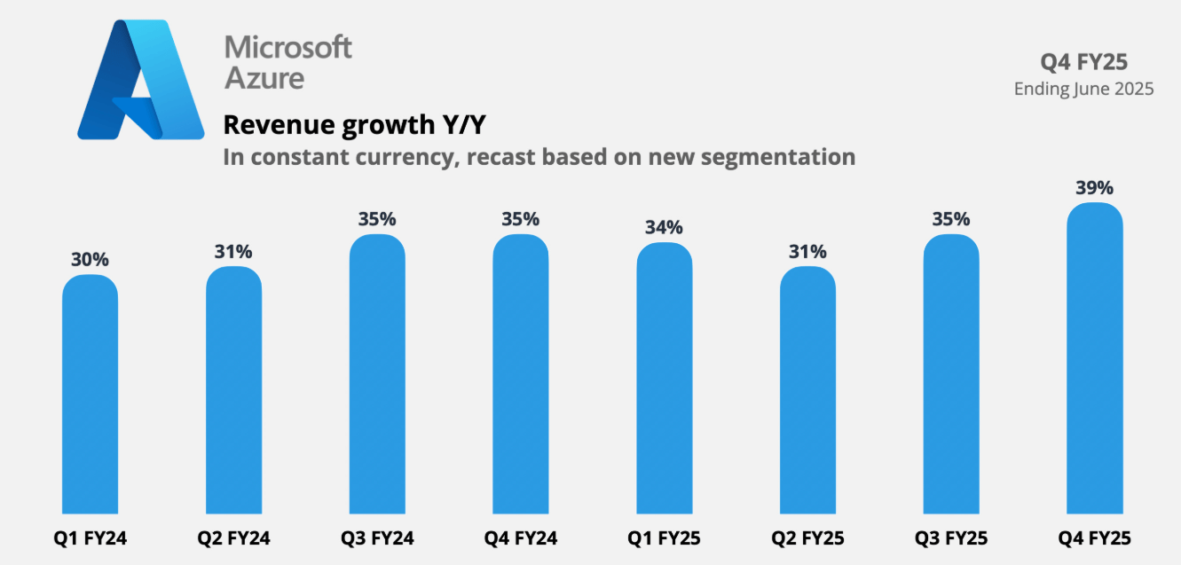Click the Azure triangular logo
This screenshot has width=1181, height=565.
141,82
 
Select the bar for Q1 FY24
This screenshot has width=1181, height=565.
90,395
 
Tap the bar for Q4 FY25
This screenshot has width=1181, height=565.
1094,359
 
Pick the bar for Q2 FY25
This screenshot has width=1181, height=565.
807,390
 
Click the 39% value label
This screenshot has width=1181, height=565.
1094,188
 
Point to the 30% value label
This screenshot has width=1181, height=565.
90,260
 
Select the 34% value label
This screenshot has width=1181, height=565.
664,228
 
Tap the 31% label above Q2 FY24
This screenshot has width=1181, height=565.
233,252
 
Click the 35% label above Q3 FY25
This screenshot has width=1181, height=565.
951,219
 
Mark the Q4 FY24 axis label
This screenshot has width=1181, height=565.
521,538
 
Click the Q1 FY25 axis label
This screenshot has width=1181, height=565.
664,538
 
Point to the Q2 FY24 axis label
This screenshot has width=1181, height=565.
233,538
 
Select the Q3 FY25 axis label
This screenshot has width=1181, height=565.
951,538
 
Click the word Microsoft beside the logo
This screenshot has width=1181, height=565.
287,47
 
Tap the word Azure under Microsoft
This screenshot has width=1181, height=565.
264,78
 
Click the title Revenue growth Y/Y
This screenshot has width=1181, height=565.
355,125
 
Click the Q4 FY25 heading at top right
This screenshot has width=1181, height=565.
1096,61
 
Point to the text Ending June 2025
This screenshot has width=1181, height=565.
1083,89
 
